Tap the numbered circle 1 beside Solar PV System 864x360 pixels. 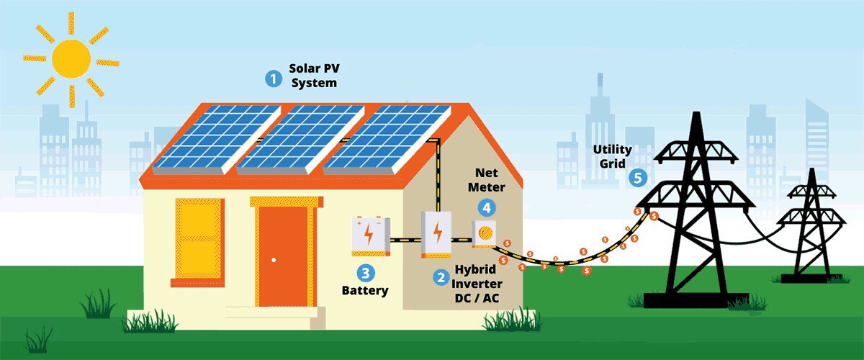pyautogui.click(x=273, y=78)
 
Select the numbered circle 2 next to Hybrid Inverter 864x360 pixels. pyautogui.click(x=439, y=276)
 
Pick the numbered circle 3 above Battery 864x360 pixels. pyautogui.click(x=366, y=273)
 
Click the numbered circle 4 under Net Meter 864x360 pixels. pyautogui.click(x=487, y=207)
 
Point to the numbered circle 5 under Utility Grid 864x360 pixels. pyautogui.click(x=636, y=177)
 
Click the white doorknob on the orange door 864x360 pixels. pyautogui.click(x=274, y=259)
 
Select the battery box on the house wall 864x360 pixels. pyautogui.click(x=370, y=235)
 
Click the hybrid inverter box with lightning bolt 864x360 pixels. pyautogui.click(x=436, y=234)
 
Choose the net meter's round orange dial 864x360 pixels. pyautogui.click(x=485, y=232)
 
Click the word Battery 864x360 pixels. pyautogui.click(x=364, y=291)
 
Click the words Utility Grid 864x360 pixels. pyautogui.click(x=613, y=156)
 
